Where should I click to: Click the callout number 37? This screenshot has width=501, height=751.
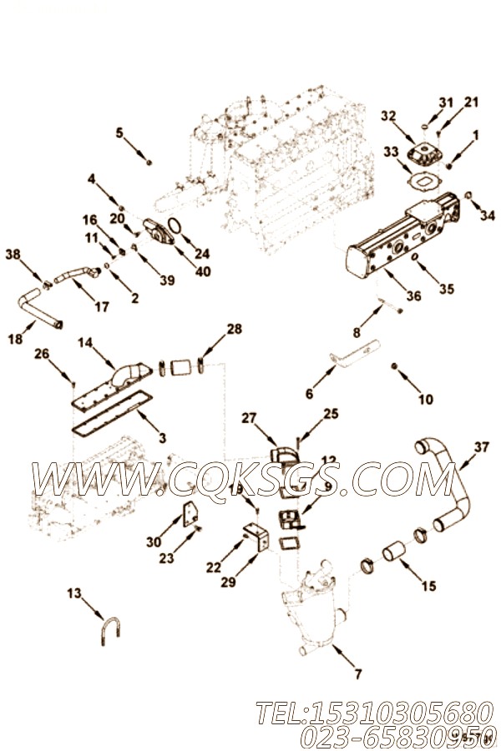(x=482, y=447)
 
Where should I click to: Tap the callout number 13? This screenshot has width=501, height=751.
(x=74, y=593)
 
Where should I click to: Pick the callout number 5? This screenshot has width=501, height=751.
(x=119, y=132)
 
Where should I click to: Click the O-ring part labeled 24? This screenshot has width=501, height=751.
(x=175, y=224)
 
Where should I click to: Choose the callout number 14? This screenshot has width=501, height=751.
(x=86, y=342)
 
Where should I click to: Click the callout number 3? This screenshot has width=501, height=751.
(x=162, y=437)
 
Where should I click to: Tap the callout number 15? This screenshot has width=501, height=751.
(x=428, y=587)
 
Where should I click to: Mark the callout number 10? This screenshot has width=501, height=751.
(x=426, y=400)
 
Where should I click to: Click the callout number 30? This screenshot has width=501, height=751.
(x=153, y=542)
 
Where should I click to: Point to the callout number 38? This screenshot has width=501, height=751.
(x=13, y=254)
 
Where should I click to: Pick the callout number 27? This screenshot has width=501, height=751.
(x=248, y=417)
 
